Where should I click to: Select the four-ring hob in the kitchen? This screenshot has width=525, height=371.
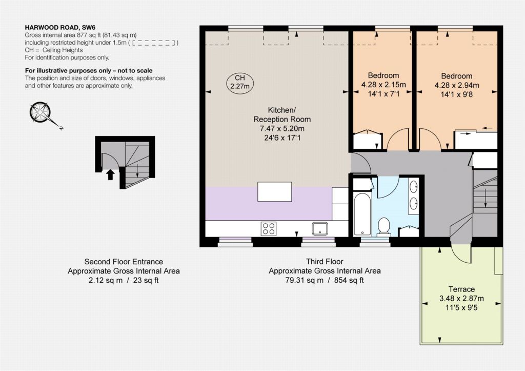click(x=269, y=228)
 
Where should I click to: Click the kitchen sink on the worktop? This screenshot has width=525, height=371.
click(x=320, y=228)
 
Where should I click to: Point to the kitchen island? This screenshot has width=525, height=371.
click(x=275, y=191)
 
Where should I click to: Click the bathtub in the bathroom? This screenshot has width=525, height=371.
click(x=362, y=214)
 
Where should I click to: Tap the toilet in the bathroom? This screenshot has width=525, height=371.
click(x=383, y=227)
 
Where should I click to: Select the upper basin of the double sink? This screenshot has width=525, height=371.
click(x=414, y=186)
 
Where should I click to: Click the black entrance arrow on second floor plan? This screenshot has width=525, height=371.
click(x=110, y=174)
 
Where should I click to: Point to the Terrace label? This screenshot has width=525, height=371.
click(x=462, y=289)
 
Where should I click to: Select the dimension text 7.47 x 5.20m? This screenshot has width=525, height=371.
click(x=282, y=128)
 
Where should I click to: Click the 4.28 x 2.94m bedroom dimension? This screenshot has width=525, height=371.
click(x=457, y=85)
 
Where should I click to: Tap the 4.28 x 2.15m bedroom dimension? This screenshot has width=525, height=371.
click(x=383, y=85)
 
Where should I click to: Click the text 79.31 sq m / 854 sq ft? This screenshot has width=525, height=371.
click(x=325, y=280)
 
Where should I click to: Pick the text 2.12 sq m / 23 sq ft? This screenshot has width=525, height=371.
click(x=124, y=280)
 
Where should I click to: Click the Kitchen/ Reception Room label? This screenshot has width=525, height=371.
click(x=282, y=114)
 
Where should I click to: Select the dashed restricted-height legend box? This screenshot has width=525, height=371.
click(x=154, y=43)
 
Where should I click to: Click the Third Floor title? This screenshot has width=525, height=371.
click(x=325, y=261)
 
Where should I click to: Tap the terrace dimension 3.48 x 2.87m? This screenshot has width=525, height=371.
click(x=462, y=298)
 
